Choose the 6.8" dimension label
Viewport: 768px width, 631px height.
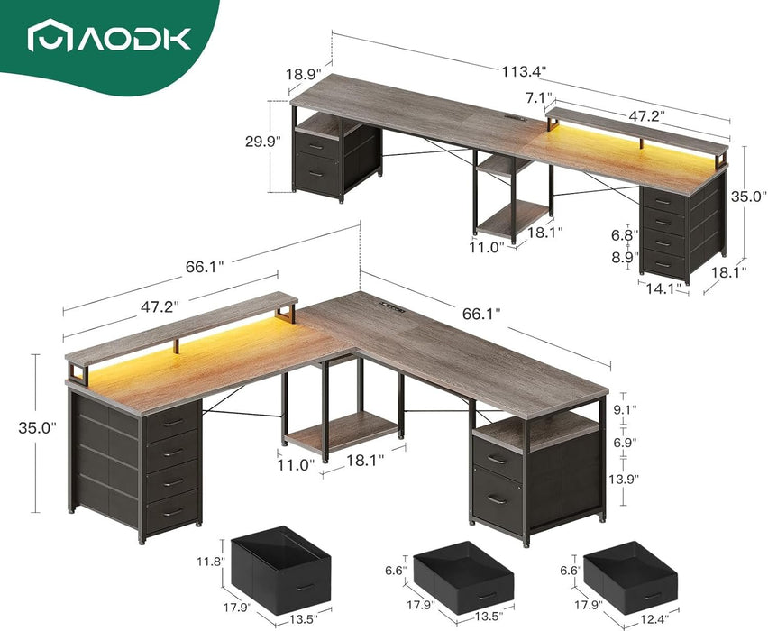[624, 235]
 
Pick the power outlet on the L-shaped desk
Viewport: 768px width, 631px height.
[392, 306]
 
